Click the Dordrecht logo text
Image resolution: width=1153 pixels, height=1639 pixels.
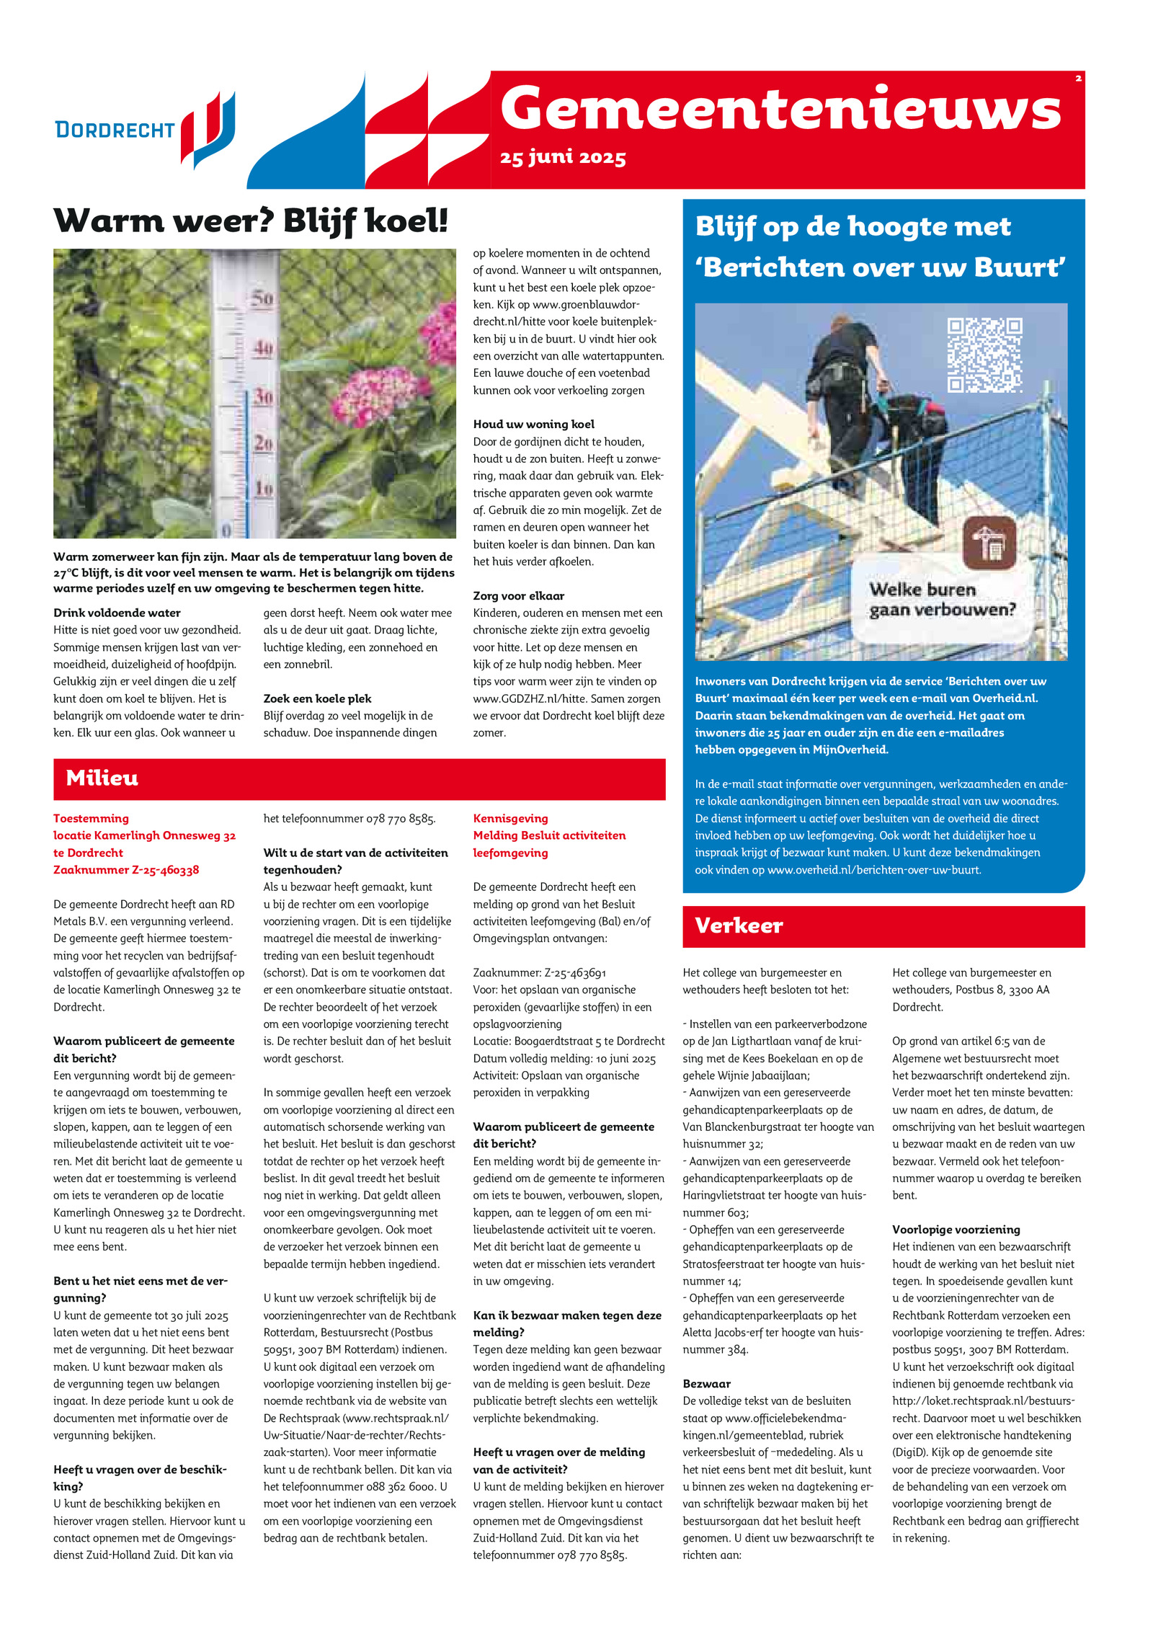tap(115, 130)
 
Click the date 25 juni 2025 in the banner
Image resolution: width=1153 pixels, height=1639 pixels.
tap(562, 157)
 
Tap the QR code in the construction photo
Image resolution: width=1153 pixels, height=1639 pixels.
tap(984, 355)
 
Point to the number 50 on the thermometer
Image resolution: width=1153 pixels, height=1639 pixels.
tap(262, 298)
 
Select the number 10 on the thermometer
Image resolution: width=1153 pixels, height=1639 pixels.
tap(264, 489)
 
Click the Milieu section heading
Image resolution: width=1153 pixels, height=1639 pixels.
tap(102, 778)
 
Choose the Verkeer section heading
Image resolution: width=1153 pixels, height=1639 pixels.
tap(739, 925)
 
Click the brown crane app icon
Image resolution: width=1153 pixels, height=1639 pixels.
tap(989, 542)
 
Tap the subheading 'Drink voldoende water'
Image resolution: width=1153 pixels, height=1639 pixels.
tap(117, 613)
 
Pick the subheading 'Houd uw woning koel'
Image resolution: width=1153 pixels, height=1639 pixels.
tap(533, 424)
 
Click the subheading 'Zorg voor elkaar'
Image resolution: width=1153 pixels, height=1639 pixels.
tap(518, 595)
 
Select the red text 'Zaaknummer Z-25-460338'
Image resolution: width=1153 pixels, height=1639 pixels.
tap(126, 869)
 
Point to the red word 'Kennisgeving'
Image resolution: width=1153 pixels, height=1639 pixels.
tap(510, 818)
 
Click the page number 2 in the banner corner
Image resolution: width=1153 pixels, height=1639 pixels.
tap(1078, 79)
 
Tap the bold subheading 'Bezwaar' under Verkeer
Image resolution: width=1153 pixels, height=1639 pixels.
tap(706, 1383)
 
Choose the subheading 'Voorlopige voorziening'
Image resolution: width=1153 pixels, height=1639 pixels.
tap(956, 1229)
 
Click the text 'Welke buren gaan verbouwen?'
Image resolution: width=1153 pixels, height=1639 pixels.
tap(941, 600)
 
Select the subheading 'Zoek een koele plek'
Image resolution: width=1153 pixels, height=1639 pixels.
tap(317, 698)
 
